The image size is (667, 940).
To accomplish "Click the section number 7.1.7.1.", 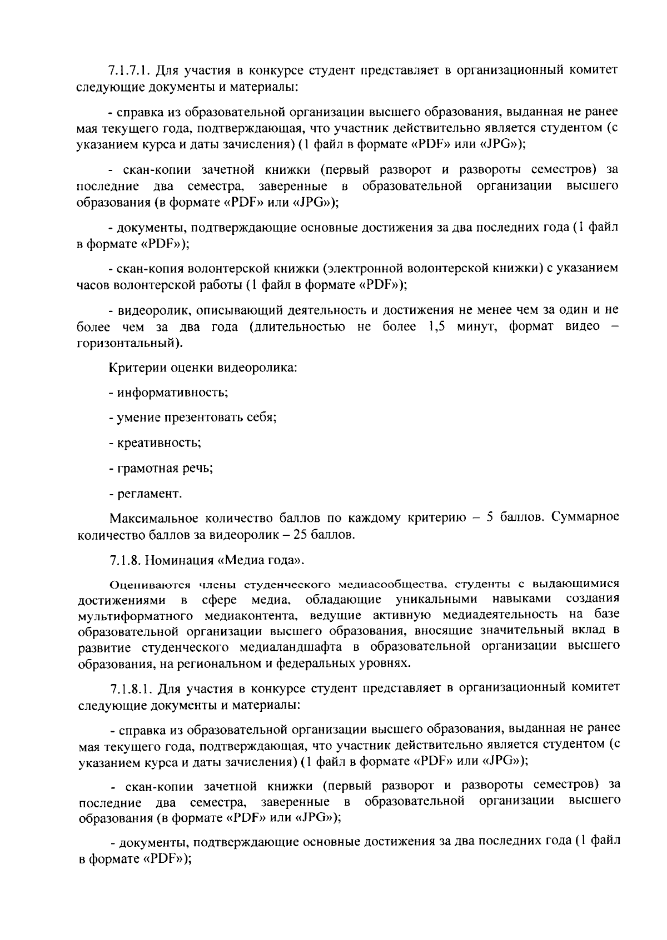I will pos(130,71).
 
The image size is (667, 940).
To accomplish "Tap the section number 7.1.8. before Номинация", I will pos(125,560).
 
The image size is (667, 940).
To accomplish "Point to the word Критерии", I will pos(134,368).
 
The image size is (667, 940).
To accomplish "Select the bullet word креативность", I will pos(158,443).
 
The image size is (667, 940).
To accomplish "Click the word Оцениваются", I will pos(142,584).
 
